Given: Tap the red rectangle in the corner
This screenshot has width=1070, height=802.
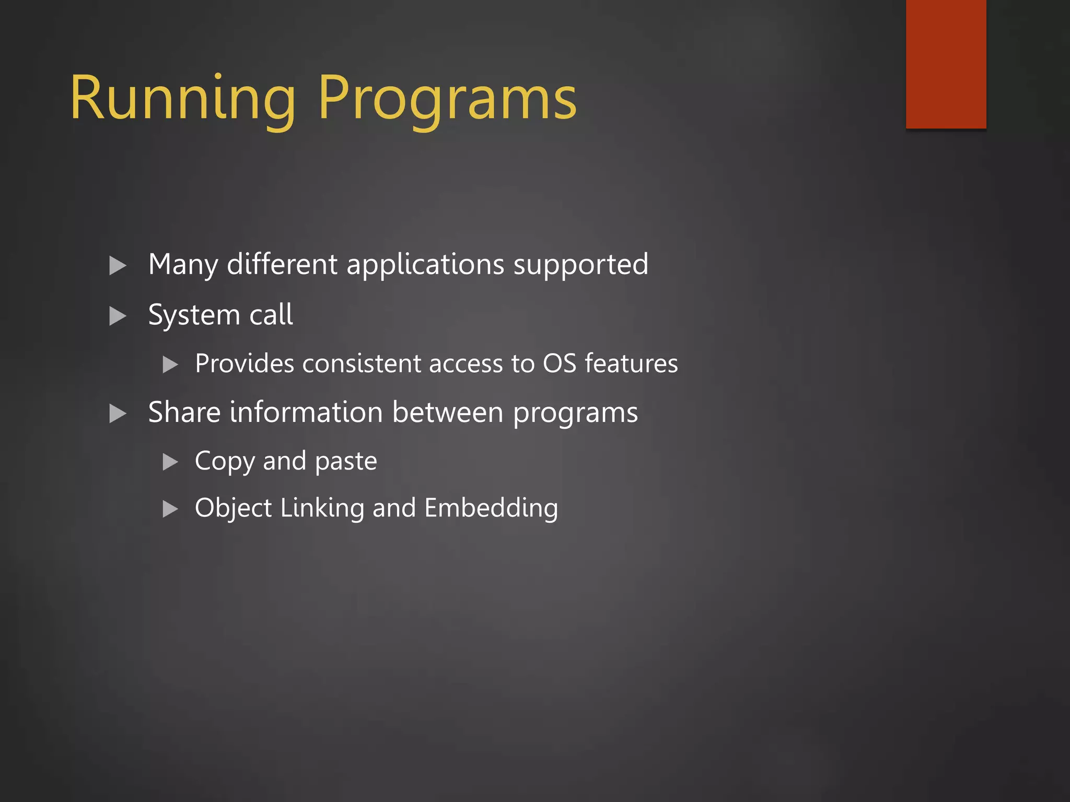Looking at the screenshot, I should (x=946, y=64).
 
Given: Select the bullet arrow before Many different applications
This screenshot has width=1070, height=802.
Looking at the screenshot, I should (x=118, y=266).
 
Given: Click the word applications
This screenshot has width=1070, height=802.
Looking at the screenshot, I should (x=425, y=265).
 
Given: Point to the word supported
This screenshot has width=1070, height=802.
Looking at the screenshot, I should (x=580, y=265).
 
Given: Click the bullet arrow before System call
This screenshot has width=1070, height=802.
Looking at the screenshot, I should (x=118, y=316).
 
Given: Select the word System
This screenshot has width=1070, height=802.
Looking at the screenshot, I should (x=194, y=315).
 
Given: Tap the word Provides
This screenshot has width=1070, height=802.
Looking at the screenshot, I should (x=245, y=363).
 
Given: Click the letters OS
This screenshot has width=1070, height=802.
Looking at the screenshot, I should (x=559, y=363).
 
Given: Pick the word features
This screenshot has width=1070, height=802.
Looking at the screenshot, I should (x=631, y=363).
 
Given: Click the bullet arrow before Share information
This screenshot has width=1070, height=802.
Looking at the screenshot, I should (x=118, y=414).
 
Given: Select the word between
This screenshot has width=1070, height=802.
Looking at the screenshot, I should (x=448, y=412).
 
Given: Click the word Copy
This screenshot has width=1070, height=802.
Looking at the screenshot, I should (x=225, y=462).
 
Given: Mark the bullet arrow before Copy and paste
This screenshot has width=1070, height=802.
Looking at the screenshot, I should (x=170, y=462).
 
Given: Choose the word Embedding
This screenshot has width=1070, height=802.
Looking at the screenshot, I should (x=491, y=509).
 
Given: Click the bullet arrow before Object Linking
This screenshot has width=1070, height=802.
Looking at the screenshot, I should (x=170, y=509).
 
